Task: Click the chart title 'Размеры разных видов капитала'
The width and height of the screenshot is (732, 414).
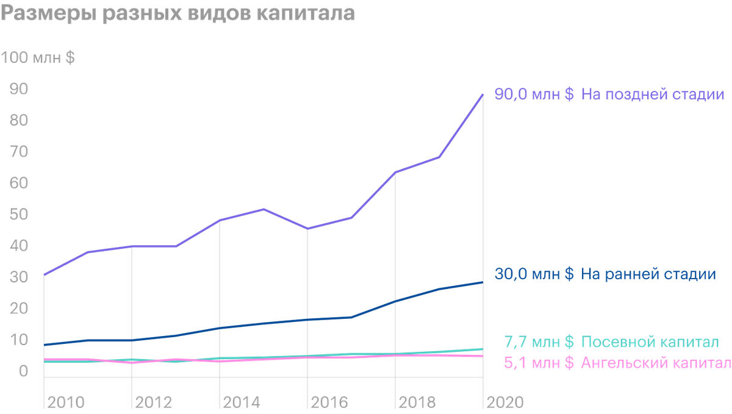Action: click(178, 13)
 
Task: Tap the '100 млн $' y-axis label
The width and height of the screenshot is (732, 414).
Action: click(38, 57)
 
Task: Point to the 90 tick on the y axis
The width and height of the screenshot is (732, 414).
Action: click(19, 89)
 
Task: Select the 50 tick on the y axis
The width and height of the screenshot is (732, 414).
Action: click(19, 215)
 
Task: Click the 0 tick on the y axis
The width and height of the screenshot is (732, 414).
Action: click(23, 371)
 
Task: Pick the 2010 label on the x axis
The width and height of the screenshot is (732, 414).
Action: click(66, 402)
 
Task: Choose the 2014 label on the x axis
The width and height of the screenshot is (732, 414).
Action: click(242, 402)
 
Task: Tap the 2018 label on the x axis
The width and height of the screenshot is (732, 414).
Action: click(417, 402)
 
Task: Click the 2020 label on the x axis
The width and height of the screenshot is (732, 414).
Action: click(505, 402)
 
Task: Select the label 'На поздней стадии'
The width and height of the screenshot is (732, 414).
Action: click(653, 95)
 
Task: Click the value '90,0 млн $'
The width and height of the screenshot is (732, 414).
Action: click(534, 94)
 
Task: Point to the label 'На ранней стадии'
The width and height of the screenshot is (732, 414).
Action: click(648, 274)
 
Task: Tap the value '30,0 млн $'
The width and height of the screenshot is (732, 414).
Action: click(534, 274)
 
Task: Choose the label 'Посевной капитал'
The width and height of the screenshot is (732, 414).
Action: click(650, 342)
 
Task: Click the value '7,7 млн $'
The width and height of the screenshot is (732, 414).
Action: click(539, 342)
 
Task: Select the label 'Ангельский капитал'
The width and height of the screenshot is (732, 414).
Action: click(656, 363)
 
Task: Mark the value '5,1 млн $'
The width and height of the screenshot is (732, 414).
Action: click(539, 363)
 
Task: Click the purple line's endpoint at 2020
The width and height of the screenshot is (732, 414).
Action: click(483, 95)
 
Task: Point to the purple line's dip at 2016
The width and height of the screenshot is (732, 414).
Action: click(307, 229)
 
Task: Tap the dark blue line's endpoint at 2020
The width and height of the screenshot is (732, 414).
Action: click(483, 282)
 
